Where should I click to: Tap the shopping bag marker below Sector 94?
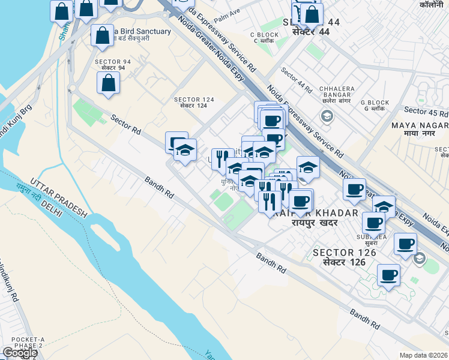click(109, 83)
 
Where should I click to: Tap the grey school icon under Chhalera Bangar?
click(327, 116)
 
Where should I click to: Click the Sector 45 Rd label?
click(426, 112)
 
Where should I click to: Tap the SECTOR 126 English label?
click(344, 253)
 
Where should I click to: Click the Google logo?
click(20, 353)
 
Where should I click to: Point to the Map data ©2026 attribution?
click(423, 355)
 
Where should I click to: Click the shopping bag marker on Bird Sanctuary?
click(103, 35)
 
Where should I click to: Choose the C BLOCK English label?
click(264, 35)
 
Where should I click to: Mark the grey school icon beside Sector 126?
click(419, 259)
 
